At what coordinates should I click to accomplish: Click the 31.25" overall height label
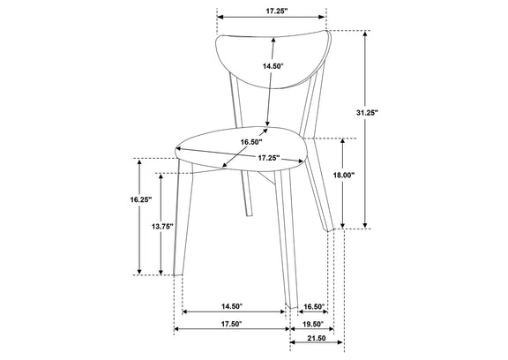[367, 113]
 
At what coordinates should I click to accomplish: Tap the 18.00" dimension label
[344, 176]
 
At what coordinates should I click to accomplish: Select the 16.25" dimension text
[141, 200]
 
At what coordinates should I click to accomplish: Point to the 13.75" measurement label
[162, 227]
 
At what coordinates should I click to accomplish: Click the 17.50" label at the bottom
[232, 324]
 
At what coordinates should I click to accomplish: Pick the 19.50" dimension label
[314, 324]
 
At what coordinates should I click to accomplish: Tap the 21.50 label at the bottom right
[317, 338]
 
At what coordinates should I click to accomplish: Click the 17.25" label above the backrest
[277, 11]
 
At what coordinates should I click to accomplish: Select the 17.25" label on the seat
[269, 158]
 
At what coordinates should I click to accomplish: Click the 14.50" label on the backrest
[273, 66]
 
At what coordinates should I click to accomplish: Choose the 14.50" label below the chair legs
[232, 306]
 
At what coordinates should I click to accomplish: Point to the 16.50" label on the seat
[251, 142]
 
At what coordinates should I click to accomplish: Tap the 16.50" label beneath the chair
[314, 306]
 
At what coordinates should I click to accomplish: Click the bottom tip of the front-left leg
[177, 275]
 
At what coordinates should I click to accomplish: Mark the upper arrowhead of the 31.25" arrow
[365, 33]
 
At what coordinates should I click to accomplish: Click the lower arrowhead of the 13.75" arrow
[161, 272]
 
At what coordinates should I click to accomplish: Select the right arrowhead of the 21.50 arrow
[340, 342]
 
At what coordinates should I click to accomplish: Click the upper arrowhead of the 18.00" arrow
[343, 141]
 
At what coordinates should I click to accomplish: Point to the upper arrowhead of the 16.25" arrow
[139, 161]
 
